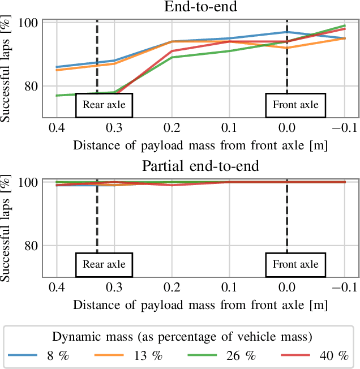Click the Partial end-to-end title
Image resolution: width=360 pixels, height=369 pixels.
(x=200, y=166)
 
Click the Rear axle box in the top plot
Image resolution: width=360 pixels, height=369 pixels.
(x=104, y=105)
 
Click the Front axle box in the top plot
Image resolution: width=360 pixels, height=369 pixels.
(x=295, y=105)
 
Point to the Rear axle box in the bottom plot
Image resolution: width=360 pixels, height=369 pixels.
(x=104, y=264)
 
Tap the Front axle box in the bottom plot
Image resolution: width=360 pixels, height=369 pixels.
(x=295, y=264)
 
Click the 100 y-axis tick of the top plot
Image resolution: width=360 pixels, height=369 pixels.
(x=29, y=23)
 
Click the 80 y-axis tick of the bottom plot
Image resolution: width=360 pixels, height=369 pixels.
(x=31, y=246)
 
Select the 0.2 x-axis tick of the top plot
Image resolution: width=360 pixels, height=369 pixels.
(x=172, y=127)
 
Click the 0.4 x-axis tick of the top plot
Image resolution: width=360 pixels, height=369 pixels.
(x=57, y=127)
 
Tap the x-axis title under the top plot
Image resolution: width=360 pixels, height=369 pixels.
(x=200, y=145)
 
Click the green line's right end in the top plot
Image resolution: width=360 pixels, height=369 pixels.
(x=345, y=25)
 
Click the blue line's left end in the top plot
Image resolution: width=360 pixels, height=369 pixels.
(x=57, y=67)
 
